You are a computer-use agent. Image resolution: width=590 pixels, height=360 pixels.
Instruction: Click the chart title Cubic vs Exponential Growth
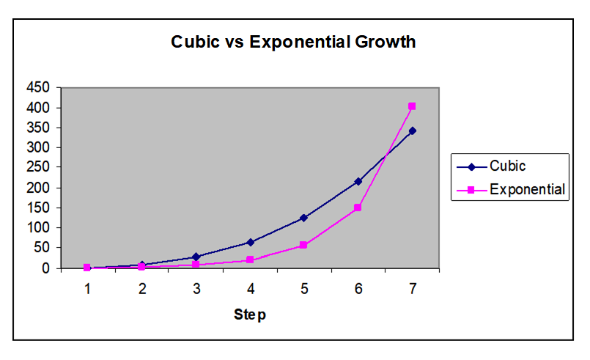coord(293,42)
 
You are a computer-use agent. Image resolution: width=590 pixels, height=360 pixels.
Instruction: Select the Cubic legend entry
coord(491,166)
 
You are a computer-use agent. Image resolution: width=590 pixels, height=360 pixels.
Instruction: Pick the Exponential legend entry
coord(511,189)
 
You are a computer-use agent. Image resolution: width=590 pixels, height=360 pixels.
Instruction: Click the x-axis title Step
coord(250,315)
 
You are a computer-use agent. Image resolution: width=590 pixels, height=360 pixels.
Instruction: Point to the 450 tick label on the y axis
coord(38,87)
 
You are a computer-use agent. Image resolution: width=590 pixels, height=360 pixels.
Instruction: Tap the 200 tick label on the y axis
coord(38,188)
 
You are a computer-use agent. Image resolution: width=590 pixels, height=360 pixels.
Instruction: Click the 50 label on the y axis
coord(42,248)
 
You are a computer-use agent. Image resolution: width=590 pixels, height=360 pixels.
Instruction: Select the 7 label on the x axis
coord(413,289)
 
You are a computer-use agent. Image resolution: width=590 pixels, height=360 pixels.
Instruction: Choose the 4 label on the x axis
coord(251,289)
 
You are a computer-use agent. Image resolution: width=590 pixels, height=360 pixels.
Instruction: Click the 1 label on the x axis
coord(87,289)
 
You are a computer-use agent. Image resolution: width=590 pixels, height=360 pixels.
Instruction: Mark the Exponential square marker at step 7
coord(412,106)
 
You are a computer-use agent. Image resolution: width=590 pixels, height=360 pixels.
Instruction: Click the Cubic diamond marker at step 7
coord(413,131)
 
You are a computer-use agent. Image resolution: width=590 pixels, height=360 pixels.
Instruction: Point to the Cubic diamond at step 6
coord(358,182)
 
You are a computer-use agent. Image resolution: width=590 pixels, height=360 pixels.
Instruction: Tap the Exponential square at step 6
coord(358,207)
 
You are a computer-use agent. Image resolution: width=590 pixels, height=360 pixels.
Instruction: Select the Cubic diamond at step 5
coord(303,218)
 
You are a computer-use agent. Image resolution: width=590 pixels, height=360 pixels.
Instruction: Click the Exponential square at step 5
coord(303,245)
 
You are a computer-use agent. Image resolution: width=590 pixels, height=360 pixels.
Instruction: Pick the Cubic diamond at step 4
coord(250,243)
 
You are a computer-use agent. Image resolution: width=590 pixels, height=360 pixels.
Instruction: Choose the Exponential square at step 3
coord(196,265)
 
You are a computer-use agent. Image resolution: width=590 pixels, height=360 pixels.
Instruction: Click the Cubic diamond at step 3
coord(196,257)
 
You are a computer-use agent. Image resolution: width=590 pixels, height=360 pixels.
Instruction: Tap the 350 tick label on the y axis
coord(38,128)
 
